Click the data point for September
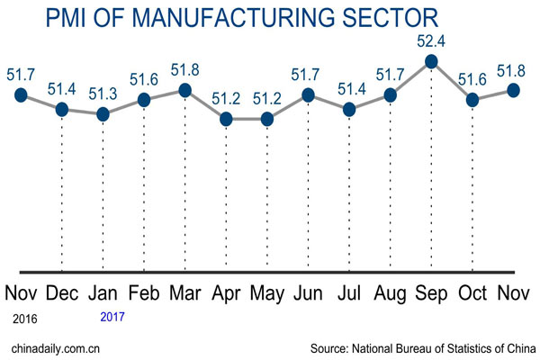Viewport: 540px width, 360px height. point(431,61)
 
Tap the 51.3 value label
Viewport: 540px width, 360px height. point(103,94)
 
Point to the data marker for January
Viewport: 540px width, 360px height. point(103,114)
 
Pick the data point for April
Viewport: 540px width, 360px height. point(226,119)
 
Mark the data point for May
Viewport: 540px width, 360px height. point(266,119)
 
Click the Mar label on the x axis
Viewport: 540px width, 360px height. point(185,294)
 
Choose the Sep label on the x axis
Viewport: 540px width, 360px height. point(431,294)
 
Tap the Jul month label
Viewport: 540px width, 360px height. point(349,294)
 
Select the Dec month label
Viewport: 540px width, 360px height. point(62,294)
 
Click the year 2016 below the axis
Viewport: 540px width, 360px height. point(23,318)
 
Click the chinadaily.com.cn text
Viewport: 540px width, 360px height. point(54,346)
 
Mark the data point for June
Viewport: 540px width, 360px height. point(308,94)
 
